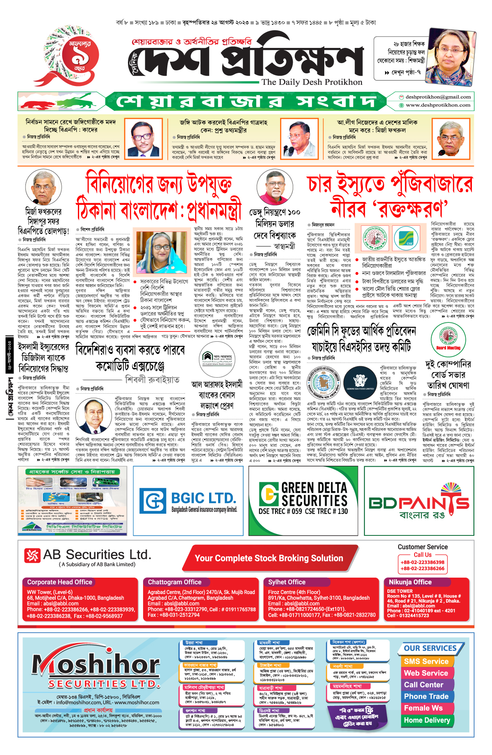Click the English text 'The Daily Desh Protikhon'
point(312,82)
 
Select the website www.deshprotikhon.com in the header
point(438,105)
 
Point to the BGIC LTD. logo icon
point(153,501)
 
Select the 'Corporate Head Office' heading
point(59,582)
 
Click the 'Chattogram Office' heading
point(175,582)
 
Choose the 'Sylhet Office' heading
point(287,582)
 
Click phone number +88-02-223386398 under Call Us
point(422,562)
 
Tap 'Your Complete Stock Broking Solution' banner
point(269,558)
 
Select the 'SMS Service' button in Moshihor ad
point(426,661)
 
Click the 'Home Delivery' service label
point(427,720)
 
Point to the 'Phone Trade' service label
point(426,696)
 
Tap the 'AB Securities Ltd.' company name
point(97,555)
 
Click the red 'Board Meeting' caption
point(448,348)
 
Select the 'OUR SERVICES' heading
point(430,648)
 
